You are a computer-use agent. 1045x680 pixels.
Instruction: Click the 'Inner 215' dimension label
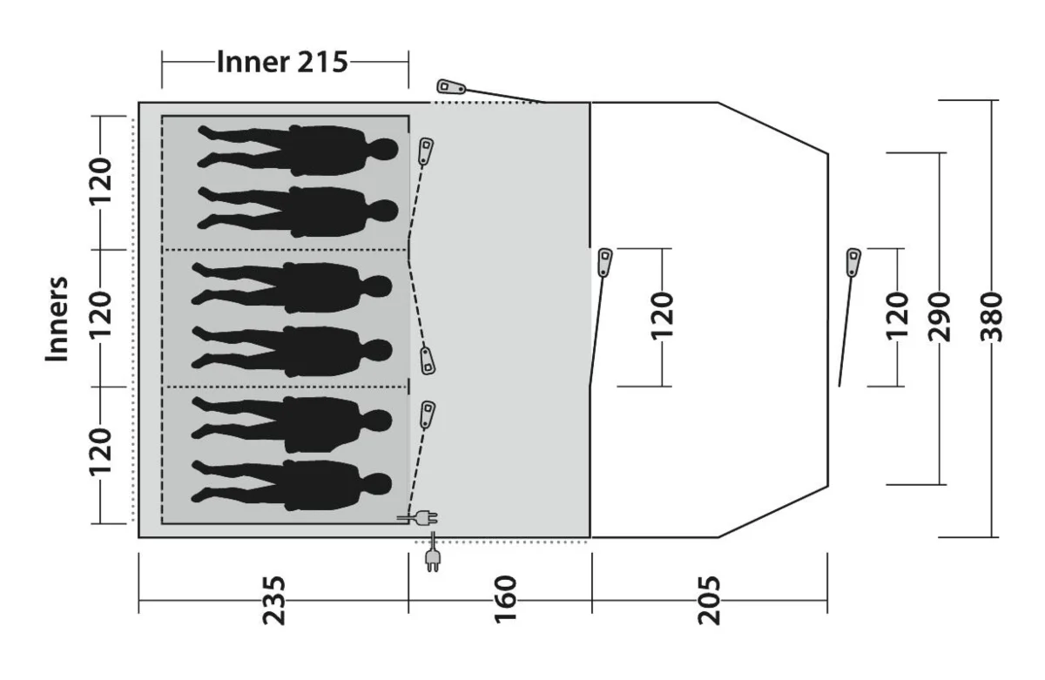click(281, 63)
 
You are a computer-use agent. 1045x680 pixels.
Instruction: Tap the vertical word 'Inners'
click(57, 320)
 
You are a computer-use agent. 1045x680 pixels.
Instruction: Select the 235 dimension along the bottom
click(273, 600)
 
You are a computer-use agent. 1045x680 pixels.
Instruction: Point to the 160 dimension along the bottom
click(506, 600)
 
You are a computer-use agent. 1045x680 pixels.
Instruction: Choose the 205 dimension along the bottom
click(710, 600)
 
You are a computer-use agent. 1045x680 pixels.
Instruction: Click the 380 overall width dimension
click(992, 319)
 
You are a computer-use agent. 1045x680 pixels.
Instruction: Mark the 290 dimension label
click(941, 319)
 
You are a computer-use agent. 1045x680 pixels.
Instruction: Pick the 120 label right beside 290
click(896, 317)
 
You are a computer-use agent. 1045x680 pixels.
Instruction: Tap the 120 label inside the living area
click(663, 317)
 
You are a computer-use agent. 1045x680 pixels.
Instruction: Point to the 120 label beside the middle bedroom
click(101, 317)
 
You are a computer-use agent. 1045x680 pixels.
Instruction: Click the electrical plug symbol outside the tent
click(431, 557)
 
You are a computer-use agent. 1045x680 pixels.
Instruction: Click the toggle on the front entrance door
click(853, 260)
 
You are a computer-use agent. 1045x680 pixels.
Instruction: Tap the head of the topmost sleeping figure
click(384, 149)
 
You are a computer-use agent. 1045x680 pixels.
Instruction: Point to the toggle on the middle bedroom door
click(428, 360)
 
